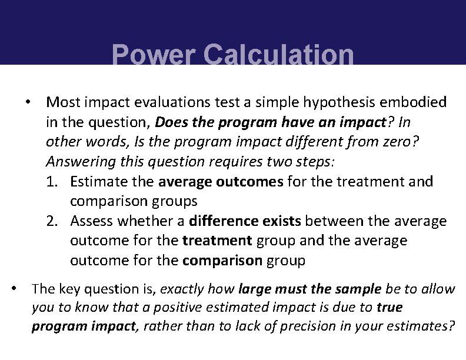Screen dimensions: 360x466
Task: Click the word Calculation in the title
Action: point(278,55)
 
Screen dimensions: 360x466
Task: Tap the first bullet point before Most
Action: point(27,102)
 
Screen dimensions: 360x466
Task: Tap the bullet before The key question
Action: point(14,289)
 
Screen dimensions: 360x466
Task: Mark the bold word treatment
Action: point(217,241)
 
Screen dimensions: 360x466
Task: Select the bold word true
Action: point(390,307)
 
